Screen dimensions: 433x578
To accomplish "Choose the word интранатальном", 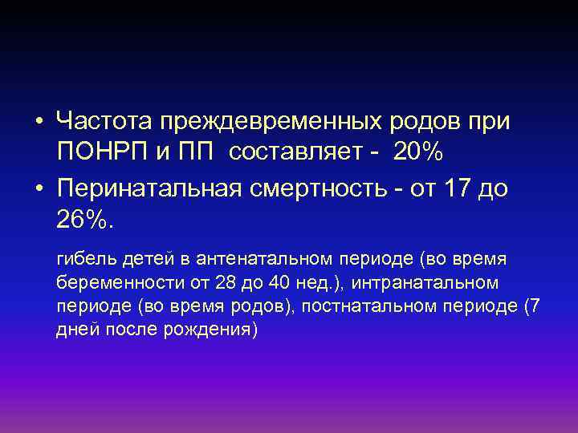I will (425, 282).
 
